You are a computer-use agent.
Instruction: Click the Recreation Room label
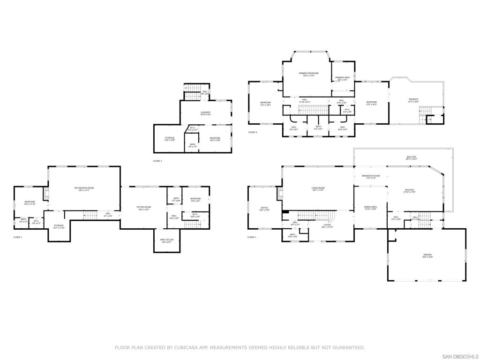click(x=84, y=188)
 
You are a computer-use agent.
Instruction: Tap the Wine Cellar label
click(x=167, y=240)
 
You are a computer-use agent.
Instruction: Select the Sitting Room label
click(x=143, y=207)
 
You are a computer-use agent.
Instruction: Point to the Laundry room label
click(x=205, y=112)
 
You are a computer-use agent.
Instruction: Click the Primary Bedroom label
click(x=308, y=74)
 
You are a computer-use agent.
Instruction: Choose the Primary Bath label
click(x=342, y=78)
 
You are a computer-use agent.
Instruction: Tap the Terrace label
click(x=413, y=99)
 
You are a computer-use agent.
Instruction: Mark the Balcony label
click(x=411, y=157)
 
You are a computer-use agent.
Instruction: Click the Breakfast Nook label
click(x=370, y=176)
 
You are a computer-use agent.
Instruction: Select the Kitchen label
click(x=409, y=190)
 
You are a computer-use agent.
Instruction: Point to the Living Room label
click(x=318, y=188)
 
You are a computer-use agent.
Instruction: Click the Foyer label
click(x=327, y=225)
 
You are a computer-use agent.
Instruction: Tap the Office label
click(x=264, y=208)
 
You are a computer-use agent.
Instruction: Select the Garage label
click(x=427, y=255)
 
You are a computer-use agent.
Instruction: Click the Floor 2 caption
click(x=157, y=161)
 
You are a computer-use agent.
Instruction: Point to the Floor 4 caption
click(x=253, y=132)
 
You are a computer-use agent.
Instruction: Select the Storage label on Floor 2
click(x=169, y=138)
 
